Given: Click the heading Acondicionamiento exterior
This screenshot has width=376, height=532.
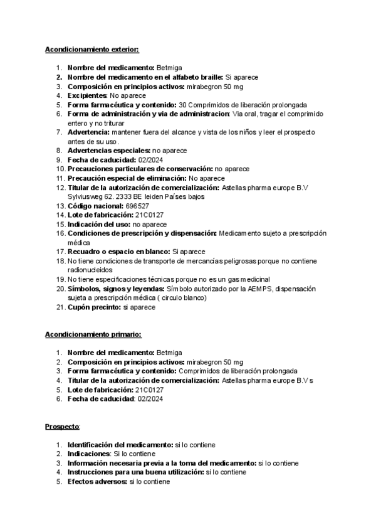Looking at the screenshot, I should click(92, 49).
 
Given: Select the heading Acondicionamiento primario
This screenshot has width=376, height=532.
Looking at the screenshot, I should click(93, 334).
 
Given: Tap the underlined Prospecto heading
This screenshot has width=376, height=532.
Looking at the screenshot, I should click(62, 427).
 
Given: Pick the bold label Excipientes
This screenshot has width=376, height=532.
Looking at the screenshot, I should click(87, 95).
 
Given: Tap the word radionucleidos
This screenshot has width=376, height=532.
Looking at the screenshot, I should click(93, 270).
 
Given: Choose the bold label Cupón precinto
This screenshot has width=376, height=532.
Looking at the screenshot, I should click(95, 307).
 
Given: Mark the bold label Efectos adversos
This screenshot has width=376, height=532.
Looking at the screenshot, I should click(97, 481).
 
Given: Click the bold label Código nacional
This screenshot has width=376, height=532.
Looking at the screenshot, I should click(95, 205).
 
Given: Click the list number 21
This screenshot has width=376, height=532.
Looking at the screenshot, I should click(59, 307).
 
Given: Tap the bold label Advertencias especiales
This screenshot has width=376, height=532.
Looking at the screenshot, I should click(108, 151).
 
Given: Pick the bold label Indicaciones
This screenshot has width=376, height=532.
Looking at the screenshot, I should click(88, 454).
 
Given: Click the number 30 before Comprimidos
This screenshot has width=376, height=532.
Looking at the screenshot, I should click(182, 105).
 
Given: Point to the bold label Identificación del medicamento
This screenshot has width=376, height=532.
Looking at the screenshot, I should click(120, 444).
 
